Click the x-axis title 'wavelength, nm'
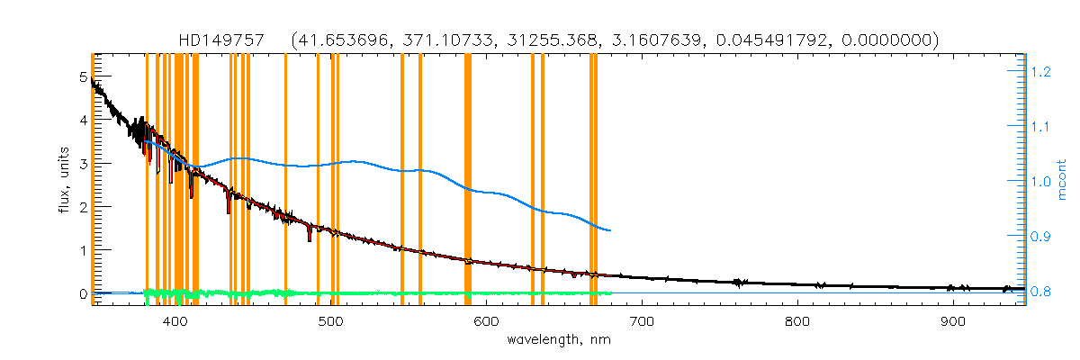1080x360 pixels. pos(557,340)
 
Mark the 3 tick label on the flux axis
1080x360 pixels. pos(84,164)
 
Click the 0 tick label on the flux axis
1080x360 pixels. pos(84,294)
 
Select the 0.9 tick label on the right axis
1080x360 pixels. pos(1040,237)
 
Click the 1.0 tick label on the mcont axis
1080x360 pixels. pos(1040,182)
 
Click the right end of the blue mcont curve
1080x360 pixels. pos(611,230)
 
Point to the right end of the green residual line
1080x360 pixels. pos(611,292)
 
